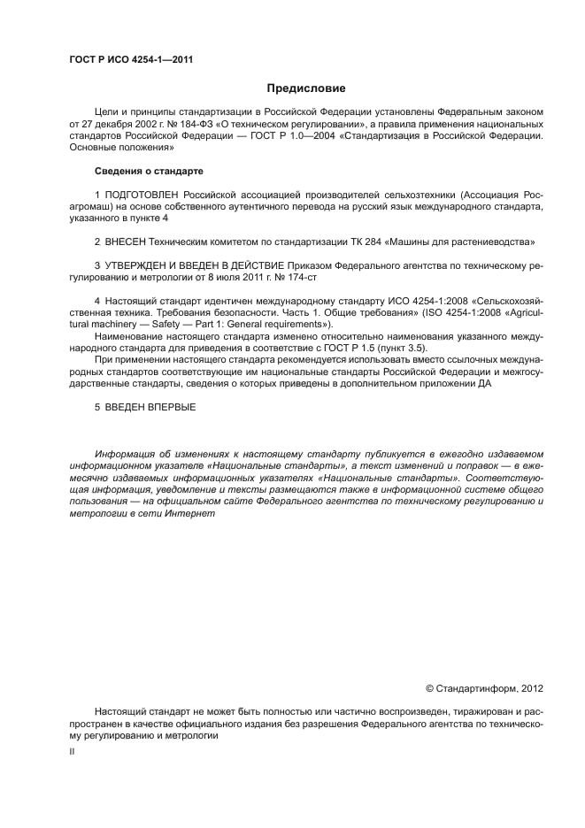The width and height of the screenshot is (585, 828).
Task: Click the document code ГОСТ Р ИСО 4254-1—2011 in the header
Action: pyautogui.click(x=131, y=60)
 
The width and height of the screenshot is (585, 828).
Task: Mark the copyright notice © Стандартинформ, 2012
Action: pyautogui.click(x=484, y=686)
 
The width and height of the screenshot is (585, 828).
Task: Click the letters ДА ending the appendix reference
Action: pyautogui.click(x=486, y=384)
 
